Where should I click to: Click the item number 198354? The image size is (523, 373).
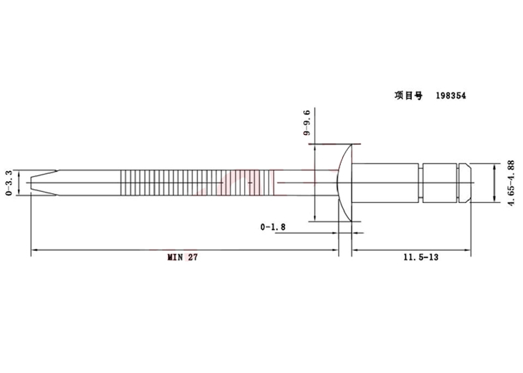point(451,96)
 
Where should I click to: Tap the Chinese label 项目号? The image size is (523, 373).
point(408,96)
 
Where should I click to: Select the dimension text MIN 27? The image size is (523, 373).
point(183,257)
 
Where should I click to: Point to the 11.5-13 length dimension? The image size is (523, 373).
point(421,257)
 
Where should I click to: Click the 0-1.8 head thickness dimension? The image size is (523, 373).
point(273,227)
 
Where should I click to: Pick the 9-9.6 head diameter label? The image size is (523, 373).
point(307,122)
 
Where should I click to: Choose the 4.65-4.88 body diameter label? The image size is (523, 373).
point(511,183)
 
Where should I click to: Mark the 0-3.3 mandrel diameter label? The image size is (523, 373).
point(9,183)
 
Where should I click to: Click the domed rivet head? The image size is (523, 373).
point(345,183)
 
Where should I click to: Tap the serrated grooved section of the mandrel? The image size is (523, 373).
point(197,183)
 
